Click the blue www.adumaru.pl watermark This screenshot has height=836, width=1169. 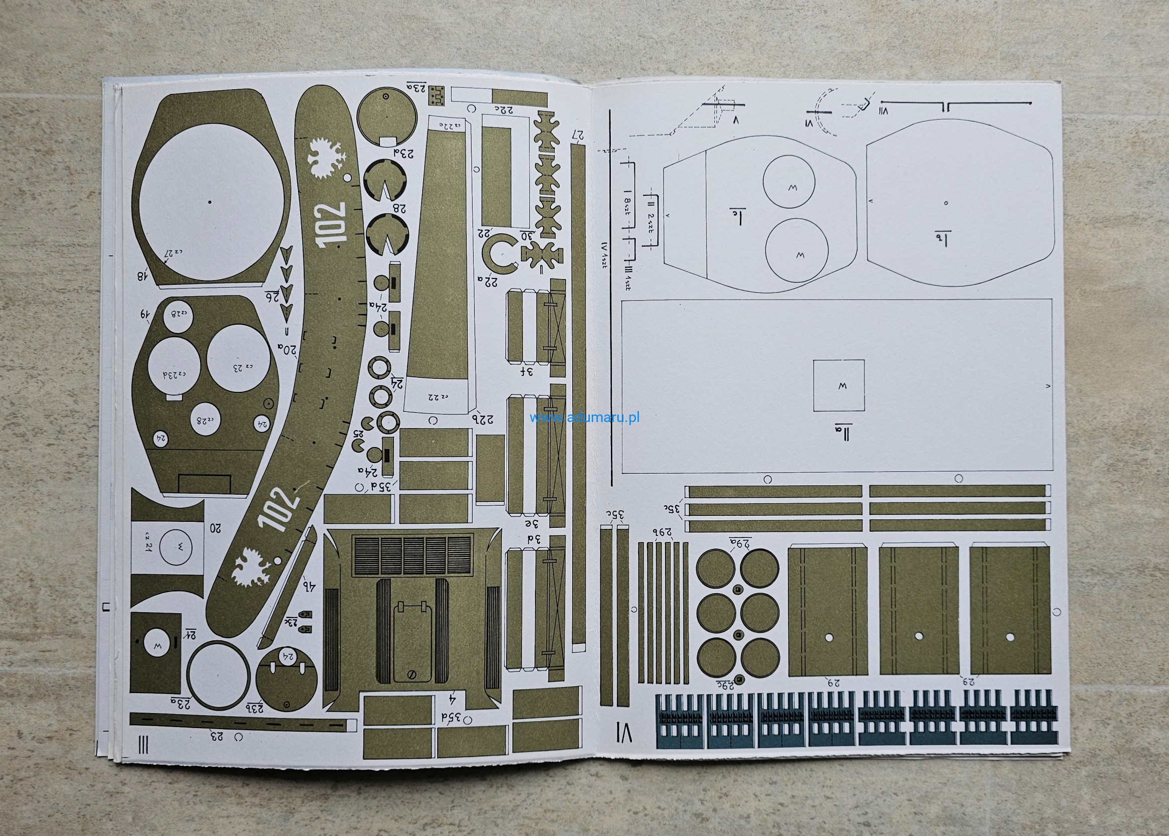pyautogui.click(x=584, y=417)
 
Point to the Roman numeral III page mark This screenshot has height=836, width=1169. pyautogui.click(x=144, y=744)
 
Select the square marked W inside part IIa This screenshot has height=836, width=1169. pyautogui.click(x=838, y=385)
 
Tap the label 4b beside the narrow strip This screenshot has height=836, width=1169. pyautogui.click(x=309, y=585)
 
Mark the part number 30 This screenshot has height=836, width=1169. pyautogui.click(x=527, y=235)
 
